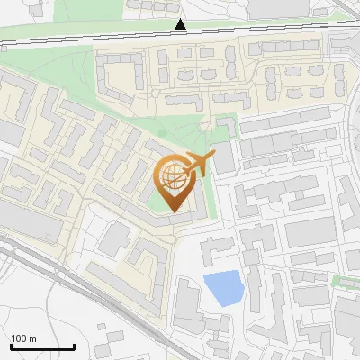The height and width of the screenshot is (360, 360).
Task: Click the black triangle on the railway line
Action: click(181, 25)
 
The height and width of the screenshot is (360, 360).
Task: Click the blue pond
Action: click(222, 289)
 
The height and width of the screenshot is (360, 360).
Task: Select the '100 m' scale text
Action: click(23, 338)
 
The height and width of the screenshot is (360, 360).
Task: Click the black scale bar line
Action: click(41, 347)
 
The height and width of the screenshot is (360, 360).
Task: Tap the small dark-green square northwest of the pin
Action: click(162, 132)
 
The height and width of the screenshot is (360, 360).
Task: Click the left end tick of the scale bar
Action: click(10, 346)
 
